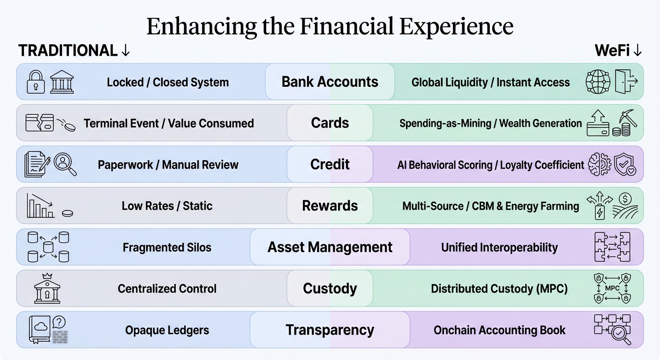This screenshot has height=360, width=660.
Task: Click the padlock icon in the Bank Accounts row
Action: pyautogui.click(x=36, y=82)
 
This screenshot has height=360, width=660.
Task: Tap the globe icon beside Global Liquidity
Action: pyautogui.click(x=598, y=82)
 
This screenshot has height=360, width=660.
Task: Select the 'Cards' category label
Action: pyautogui.click(x=330, y=123)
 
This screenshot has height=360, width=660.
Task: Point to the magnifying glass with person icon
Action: pyautogui.click(x=65, y=164)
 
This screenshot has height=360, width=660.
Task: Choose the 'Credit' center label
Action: pyautogui.click(x=330, y=165)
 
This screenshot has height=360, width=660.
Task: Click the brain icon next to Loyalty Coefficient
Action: pyautogui.click(x=600, y=164)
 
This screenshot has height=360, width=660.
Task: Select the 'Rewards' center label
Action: pyautogui.click(x=330, y=206)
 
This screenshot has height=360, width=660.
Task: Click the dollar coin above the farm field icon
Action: pyautogui.click(x=625, y=199)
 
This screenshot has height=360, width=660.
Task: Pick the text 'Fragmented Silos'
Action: pyautogui.click(x=167, y=247)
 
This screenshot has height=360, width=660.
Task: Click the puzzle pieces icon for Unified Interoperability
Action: pyautogui.click(x=612, y=247)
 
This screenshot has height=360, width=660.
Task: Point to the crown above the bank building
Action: pyautogui.click(x=47, y=276)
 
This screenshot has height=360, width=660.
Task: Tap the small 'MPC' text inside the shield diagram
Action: pyautogui.click(x=612, y=288)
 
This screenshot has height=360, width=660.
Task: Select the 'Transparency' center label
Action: pyautogui.click(x=330, y=330)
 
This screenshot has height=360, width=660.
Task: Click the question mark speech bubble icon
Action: pyautogui.click(x=59, y=322)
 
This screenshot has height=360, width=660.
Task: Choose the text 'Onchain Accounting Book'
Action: pyautogui.click(x=499, y=330)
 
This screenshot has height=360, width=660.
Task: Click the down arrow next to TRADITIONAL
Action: pyautogui.click(x=126, y=50)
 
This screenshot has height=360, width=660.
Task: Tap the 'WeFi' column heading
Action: pyautogui.click(x=612, y=50)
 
